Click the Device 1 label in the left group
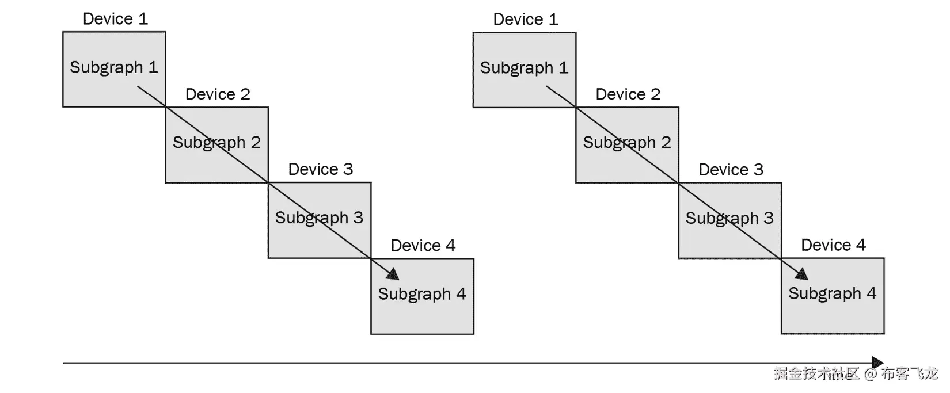(x=115, y=19)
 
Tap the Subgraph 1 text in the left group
(x=114, y=67)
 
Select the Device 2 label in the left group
(x=218, y=94)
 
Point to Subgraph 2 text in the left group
(x=216, y=143)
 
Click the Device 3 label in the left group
(x=320, y=169)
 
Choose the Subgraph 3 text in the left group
(x=319, y=218)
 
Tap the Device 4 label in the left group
(x=423, y=246)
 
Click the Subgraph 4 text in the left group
(x=421, y=294)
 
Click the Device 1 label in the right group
(x=526, y=20)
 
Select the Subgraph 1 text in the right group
(x=524, y=68)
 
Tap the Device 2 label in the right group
(x=628, y=94)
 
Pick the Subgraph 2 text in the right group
(x=626, y=143)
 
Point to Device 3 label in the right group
(x=731, y=170)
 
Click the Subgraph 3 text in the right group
(x=729, y=219)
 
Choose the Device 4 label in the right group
(x=833, y=245)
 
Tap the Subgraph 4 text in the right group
(x=832, y=293)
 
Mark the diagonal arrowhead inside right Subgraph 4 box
(x=803, y=273)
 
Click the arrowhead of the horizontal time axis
(x=877, y=363)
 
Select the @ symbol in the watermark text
(x=870, y=374)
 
